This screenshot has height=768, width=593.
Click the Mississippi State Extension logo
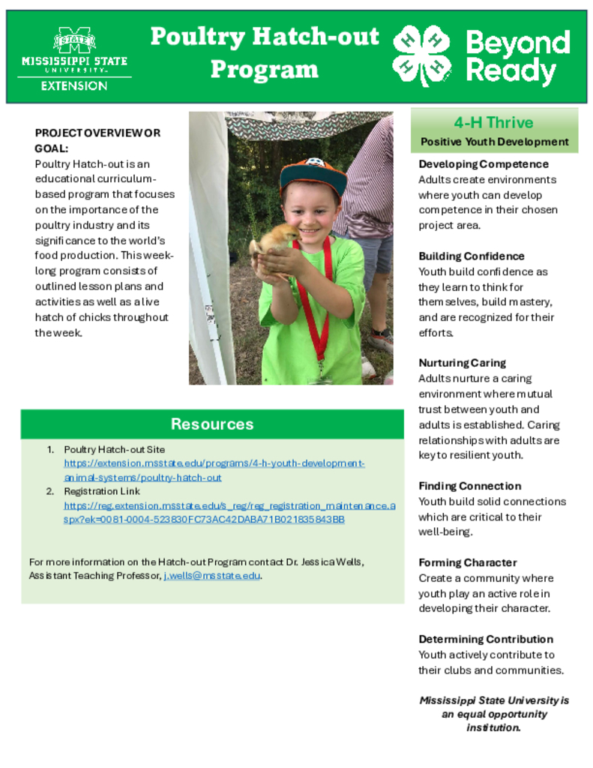pyautogui.click(x=74, y=58)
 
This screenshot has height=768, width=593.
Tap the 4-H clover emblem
pyautogui.click(x=421, y=55)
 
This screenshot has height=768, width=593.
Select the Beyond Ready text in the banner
pyautogui.click(x=517, y=56)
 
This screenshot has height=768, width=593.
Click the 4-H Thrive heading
pyautogui.click(x=493, y=123)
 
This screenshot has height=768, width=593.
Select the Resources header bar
pyautogui.click(x=212, y=424)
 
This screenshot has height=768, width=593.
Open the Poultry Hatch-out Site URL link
pyautogui.click(x=214, y=470)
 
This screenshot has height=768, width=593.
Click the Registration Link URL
pyautogui.click(x=229, y=512)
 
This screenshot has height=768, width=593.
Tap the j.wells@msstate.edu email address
pyautogui.click(x=212, y=576)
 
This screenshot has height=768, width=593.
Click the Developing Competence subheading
pyautogui.click(x=484, y=164)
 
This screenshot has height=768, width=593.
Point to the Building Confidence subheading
pyautogui.click(x=472, y=256)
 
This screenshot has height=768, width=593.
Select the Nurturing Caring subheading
pyautogui.click(x=462, y=363)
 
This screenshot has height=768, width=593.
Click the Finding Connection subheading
pyautogui.click(x=469, y=486)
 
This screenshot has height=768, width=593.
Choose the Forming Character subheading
pyautogui.click(x=468, y=562)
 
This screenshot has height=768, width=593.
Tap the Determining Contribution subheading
pyautogui.click(x=486, y=639)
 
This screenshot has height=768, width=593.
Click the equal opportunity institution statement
pyautogui.click(x=493, y=713)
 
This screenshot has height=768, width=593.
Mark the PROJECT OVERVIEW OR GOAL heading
pyautogui.click(x=97, y=140)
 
